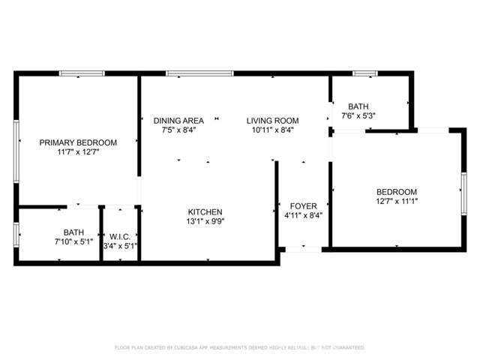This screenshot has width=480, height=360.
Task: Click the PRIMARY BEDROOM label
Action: (78, 142)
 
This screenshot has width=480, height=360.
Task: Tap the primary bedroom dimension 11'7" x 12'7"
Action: (78, 151)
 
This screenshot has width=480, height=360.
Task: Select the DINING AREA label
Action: (178, 120)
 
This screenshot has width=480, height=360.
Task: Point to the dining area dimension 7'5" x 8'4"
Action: (178, 129)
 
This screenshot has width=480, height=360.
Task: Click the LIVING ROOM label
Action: (274, 120)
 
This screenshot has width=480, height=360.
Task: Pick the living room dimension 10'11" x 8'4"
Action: (274, 129)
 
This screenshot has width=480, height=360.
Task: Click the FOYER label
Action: (304, 205)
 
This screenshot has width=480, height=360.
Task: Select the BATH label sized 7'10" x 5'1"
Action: (73, 232)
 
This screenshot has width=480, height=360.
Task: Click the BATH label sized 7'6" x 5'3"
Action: (358, 106)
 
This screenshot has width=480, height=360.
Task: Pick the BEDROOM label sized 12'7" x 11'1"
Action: (396, 192)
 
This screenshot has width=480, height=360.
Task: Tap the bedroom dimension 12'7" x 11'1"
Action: (396, 201)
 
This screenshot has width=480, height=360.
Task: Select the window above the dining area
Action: (199, 73)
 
